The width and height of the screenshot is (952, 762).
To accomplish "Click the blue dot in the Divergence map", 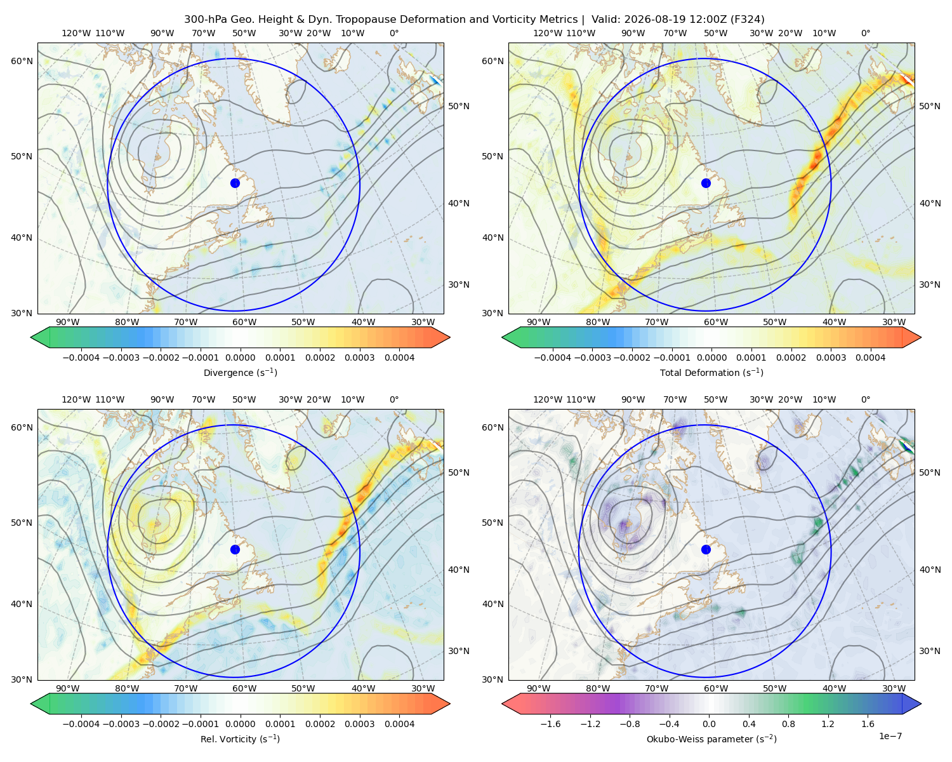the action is [x=235, y=183].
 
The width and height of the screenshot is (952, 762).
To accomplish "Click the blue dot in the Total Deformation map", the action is [x=706, y=183].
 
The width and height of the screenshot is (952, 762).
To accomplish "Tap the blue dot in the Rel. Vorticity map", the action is [x=235, y=549].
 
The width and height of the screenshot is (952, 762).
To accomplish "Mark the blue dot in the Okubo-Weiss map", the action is [x=706, y=549].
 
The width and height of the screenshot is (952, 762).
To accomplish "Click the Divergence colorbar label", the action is [x=240, y=372].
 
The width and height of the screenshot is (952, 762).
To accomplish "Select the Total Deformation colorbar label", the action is [x=711, y=372].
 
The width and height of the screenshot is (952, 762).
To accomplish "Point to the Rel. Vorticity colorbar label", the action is [x=240, y=739].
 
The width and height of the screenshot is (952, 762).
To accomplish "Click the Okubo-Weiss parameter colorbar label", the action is [x=711, y=739].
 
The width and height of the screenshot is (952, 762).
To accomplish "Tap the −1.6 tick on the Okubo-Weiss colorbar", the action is [x=551, y=724].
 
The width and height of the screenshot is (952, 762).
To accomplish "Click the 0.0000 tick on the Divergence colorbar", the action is [x=240, y=358].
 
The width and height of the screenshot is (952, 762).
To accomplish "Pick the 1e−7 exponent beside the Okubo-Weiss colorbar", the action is [x=890, y=737].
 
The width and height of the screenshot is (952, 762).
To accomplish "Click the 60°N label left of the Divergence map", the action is [x=22, y=61].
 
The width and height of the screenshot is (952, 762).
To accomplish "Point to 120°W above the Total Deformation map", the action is [x=548, y=33].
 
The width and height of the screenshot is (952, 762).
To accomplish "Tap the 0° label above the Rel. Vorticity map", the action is [x=394, y=399].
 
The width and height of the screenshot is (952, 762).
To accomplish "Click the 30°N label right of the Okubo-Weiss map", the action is [x=930, y=651].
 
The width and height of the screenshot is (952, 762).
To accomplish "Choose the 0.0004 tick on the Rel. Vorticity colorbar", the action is [x=399, y=724].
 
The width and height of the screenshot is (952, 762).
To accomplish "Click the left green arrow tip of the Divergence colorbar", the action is [x=31, y=337].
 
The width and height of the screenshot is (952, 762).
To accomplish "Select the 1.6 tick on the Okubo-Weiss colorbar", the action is [x=868, y=724].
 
